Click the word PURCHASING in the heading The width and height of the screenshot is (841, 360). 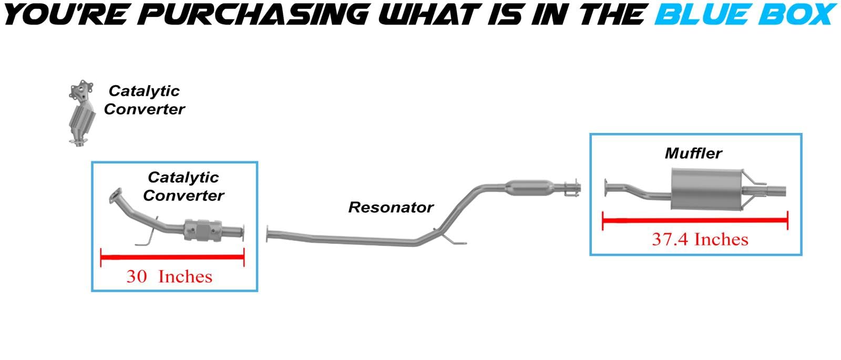click(255, 14)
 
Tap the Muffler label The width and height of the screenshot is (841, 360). click(693, 153)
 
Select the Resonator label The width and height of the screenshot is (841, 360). click(391, 208)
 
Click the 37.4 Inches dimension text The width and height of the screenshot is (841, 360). click(700, 240)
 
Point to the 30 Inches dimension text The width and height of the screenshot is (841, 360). click(169, 276)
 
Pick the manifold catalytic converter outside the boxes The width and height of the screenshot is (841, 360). click(81, 113)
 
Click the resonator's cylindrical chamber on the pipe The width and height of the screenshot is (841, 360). click(529, 187)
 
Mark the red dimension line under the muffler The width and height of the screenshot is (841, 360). click(694, 221)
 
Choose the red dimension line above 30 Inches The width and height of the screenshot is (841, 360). click(172, 258)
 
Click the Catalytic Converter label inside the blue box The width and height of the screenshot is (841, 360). click(183, 187)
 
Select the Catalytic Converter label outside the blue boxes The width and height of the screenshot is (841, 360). click(144, 100)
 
